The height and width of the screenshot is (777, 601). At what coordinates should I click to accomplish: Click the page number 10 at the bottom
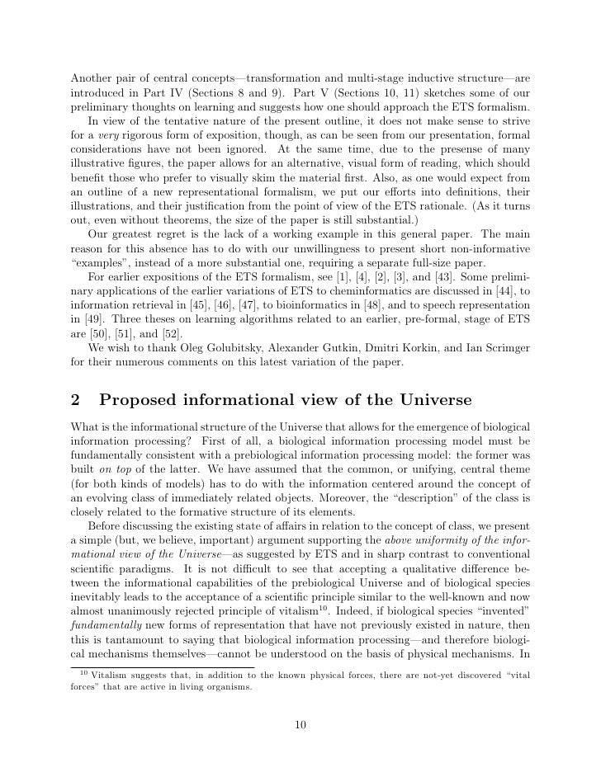[x=300, y=726]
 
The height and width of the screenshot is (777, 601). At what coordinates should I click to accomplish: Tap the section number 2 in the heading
[x=75, y=401]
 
